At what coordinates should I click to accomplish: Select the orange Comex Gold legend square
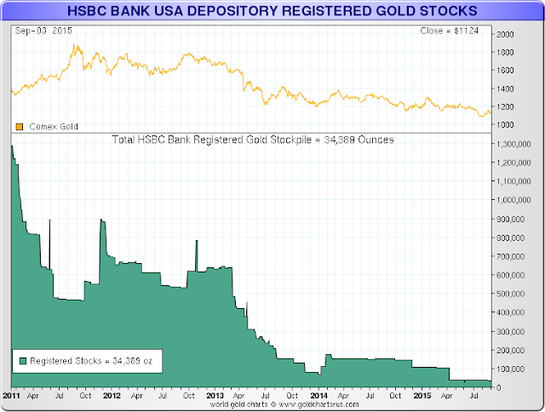[x=20, y=127]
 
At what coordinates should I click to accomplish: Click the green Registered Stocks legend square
[x=22, y=361]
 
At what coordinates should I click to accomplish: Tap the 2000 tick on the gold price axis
[x=506, y=34]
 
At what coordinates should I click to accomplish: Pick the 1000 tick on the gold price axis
[x=506, y=125]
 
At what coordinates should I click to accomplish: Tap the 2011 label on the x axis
[x=11, y=396]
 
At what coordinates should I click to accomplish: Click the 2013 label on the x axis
[x=215, y=396]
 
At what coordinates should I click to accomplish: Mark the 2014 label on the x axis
[x=318, y=396]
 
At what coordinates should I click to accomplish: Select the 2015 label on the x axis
[x=421, y=396]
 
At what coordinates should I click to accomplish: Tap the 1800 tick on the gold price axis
[x=506, y=52]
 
